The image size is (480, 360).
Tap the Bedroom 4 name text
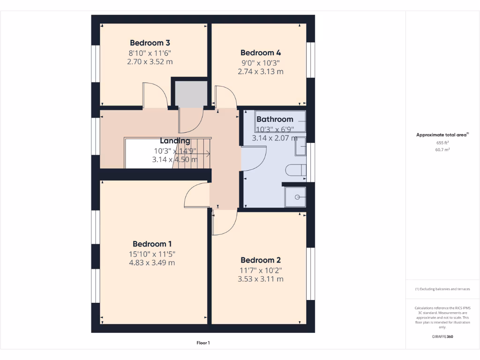(261, 52)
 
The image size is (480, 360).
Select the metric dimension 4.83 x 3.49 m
(152, 262)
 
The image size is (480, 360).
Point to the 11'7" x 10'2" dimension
(261, 270)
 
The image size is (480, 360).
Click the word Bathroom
(275, 119)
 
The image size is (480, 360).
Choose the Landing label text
(175, 141)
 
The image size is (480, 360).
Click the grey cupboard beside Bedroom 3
(191, 94)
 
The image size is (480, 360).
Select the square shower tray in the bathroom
(296, 197)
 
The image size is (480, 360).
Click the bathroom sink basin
(300, 146)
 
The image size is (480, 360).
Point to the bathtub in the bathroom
(280, 122)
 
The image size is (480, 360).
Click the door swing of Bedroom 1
(195, 195)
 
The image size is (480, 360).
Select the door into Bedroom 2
(224, 223)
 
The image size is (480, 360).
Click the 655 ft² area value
(442, 142)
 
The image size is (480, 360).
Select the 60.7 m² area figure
(442, 150)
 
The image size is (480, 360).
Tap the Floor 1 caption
(203, 343)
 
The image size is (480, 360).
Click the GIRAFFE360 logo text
(442, 337)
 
